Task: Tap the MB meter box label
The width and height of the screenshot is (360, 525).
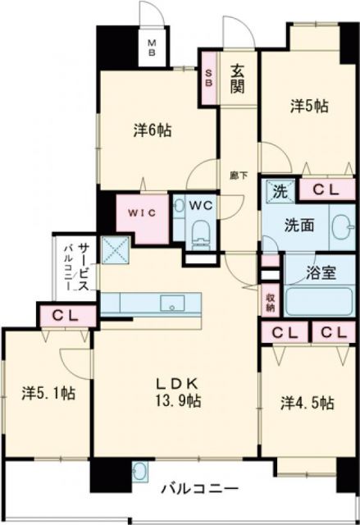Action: [x=153, y=48]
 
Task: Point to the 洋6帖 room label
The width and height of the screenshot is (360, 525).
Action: [x=153, y=130]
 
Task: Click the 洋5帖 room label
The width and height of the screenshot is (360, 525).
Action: [x=308, y=106]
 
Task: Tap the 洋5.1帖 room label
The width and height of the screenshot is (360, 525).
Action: [x=48, y=393]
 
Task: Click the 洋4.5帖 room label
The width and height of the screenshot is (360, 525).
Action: [x=308, y=402]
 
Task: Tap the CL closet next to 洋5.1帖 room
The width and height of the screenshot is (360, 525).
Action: [x=65, y=314]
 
